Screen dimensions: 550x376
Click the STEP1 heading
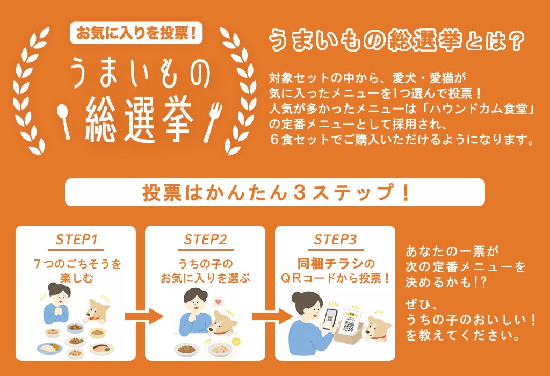point(76,240)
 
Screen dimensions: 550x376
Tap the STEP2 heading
point(205,240)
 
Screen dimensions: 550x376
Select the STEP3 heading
point(335,240)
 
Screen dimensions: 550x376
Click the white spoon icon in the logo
point(63,121)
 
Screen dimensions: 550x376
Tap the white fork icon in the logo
point(213,121)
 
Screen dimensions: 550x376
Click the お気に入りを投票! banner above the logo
point(136,33)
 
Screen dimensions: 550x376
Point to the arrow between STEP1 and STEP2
point(144,317)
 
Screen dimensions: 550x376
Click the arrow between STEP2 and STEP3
point(273,317)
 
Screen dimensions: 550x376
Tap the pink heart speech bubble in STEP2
point(218,302)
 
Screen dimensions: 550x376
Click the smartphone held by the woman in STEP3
point(329,319)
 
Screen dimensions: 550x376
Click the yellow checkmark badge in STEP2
point(236,341)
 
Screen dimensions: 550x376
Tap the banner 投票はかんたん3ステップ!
point(275,192)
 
